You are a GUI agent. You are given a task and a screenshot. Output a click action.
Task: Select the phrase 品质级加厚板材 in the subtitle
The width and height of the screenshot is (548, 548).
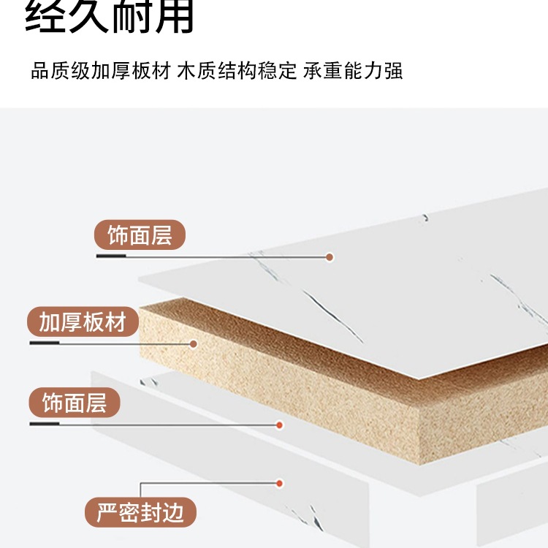click(101, 72)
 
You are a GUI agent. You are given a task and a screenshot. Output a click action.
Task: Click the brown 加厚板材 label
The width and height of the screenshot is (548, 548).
click(83, 322)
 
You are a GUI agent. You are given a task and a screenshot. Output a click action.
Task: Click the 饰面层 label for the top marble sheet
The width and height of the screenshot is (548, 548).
click(140, 236)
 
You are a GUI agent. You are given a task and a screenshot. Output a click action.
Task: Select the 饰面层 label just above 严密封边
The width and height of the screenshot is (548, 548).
click(75, 403)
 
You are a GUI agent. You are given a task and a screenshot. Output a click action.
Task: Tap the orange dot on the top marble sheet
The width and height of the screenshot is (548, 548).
click(330, 257)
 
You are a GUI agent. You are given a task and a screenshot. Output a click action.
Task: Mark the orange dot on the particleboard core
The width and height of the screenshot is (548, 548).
click(194, 343)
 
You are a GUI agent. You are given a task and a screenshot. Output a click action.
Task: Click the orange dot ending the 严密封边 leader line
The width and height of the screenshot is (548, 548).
click(278, 482)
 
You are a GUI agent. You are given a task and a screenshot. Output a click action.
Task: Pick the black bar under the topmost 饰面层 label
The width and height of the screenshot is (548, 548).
click(110, 256)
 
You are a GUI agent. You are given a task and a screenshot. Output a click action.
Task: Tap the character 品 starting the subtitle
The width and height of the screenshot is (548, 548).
click(39, 72)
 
